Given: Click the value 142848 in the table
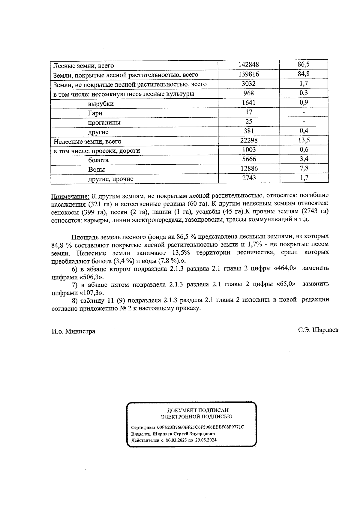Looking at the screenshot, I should point(249,65).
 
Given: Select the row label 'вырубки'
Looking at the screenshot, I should point(101,104).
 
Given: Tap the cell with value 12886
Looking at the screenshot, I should point(249,169).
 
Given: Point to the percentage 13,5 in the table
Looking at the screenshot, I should point(304,140).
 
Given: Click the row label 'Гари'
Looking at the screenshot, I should point(95,113).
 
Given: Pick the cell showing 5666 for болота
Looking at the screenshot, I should point(249,159).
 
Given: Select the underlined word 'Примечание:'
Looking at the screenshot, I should point(70,196).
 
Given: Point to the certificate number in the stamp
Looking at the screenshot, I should point(200,427).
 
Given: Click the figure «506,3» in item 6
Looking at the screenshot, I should point(93,276).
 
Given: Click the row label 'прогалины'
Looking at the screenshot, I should point(104,123).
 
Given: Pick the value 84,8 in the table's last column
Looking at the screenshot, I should point(304,74).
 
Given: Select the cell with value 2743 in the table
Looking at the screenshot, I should point(249,178).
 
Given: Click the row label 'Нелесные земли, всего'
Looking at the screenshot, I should point(87,141).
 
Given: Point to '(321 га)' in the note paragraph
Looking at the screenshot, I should point(101,204).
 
